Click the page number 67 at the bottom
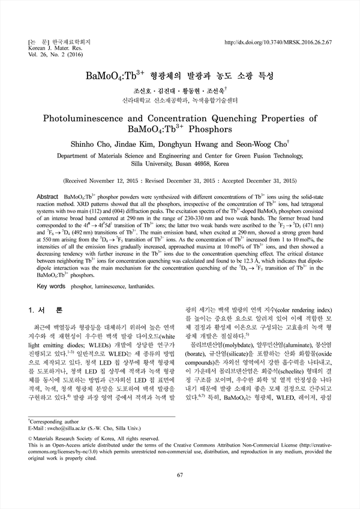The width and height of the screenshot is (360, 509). (x=180, y=475)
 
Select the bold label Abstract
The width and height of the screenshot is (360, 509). (x=47, y=197)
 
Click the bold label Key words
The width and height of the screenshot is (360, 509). (x=51, y=287)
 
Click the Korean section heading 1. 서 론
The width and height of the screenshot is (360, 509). (x=46, y=311)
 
